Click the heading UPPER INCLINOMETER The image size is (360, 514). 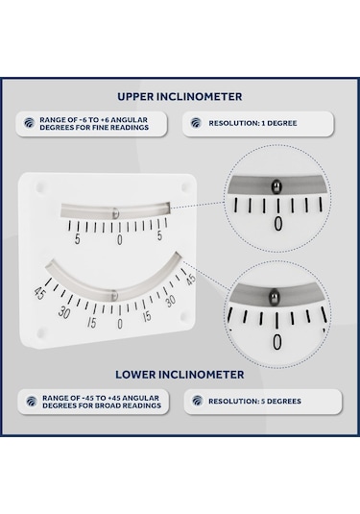[180, 96]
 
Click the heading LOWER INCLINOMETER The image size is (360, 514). [180, 374]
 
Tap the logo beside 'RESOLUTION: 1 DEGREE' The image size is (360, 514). [197, 123]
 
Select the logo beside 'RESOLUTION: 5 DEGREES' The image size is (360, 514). [197, 401]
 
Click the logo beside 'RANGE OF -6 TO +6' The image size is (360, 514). [30, 124]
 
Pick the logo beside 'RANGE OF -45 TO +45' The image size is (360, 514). [30, 402]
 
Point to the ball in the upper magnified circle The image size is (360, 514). [276, 186]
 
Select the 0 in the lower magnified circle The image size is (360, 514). [277, 342]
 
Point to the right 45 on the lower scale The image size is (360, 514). [190, 280]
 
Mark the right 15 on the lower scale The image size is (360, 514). [148, 317]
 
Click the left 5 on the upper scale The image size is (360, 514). [77, 239]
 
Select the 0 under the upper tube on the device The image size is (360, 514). [119, 240]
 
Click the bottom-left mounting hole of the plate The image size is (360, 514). [39, 332]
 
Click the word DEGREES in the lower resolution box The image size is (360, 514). [277, 401]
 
